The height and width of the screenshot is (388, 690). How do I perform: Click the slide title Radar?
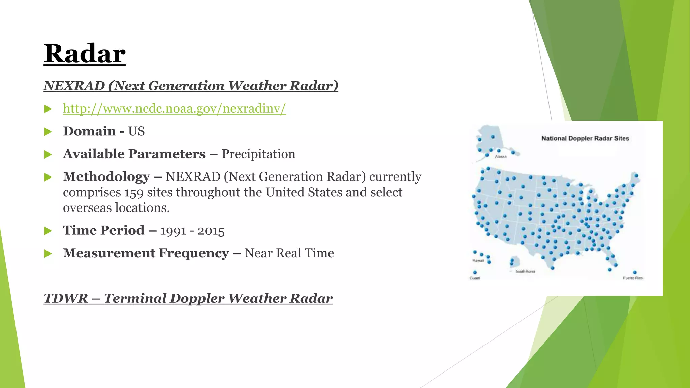click(x=85, y=54)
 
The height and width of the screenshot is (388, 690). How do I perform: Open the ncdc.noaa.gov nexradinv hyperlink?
click(x=174, y=108)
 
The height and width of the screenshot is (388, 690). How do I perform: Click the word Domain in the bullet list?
click(x=89, y=131)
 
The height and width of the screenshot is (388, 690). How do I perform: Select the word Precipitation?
click(x=258, y=154)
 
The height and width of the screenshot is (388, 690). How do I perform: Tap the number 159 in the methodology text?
click(x=134, y=193)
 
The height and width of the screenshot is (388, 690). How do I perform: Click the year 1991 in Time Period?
click(x=173, y=231)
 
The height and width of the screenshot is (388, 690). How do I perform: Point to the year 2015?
click(x=211, y=231)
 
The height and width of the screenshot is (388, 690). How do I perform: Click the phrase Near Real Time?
click(x=289, y=253)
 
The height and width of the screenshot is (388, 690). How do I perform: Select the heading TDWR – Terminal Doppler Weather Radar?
click(x=188, y=298)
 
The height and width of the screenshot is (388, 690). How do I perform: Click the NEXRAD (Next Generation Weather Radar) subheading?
click(x=191, y=86)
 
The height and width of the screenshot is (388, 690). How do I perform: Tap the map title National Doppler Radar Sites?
click(x=585, y=138)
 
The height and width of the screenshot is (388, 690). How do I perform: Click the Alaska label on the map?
click(x=501, y=157)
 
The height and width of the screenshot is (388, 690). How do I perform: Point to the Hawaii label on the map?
click(x=478, y=260)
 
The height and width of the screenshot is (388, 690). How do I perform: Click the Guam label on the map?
click(x=475, y=278)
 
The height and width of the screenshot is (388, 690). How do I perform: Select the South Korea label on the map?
click(x=525, y=271)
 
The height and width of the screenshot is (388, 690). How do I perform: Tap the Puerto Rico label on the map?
click(x=633, y=278)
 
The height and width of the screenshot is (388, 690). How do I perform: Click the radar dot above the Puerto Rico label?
click(x=635, y=272)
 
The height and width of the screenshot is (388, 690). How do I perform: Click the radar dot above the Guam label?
click(x=475, y=272)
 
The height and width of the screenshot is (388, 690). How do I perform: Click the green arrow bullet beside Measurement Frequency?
click(x=48, y=253)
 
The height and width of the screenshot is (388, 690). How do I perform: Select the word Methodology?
click(x=106, y=177)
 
